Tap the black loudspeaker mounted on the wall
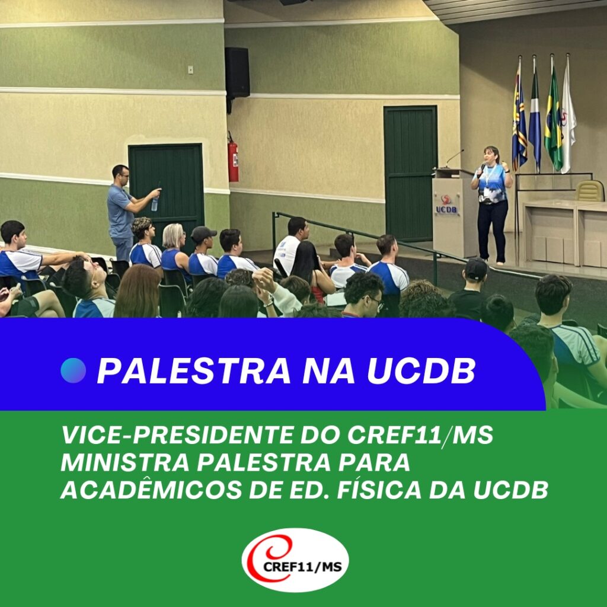point(237,72)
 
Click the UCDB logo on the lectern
point(446,205)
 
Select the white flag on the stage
point(568,116)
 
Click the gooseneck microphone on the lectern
point(453,159)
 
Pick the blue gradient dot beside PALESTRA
point(73,370)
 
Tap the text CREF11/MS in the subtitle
point(420,435)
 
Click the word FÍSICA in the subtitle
point(379,489)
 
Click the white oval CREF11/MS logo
point(295,560)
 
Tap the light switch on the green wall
point(190,70)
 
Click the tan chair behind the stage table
point(590,190)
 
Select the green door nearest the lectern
point(410,174)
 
